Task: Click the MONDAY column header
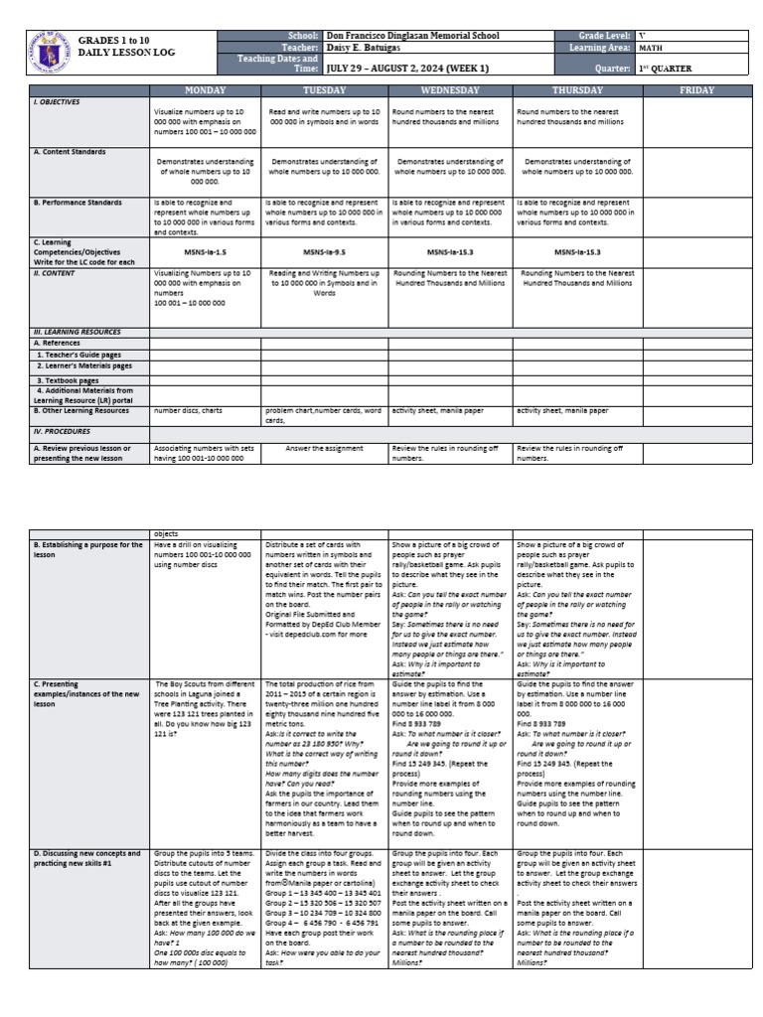(x=205, y=90)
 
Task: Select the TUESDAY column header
(x=324, y=90)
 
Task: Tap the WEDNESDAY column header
(x=450, y=90)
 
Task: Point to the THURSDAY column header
(x=577, y=90)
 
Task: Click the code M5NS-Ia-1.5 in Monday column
(x=204, y=252)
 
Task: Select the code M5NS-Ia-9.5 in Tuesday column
(x=324, y=252)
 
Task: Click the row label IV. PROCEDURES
(x=62, y=432)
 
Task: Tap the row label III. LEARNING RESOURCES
(x=76, y=332)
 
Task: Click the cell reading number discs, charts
(x=189, y=409)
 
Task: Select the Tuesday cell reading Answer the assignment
(x=324, y=448)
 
